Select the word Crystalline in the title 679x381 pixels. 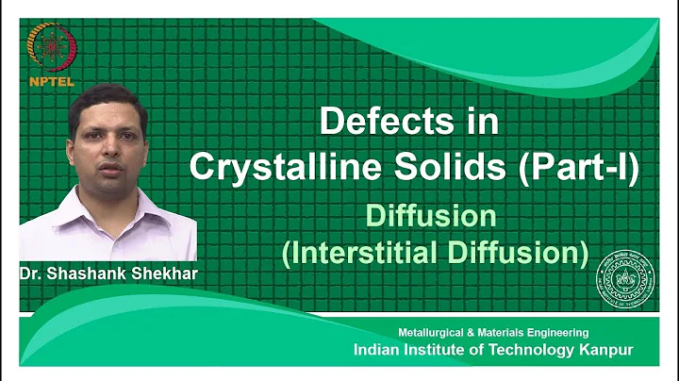pos(272,167)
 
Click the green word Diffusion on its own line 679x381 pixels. pos(432,216)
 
